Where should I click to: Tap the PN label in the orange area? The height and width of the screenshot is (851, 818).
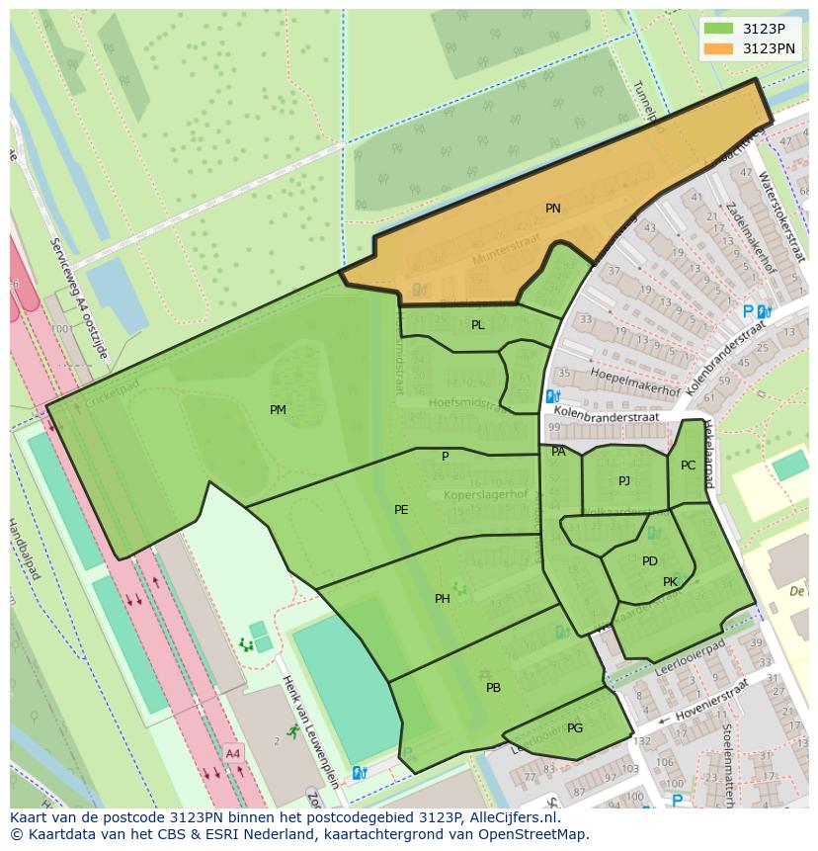tap(553, 209)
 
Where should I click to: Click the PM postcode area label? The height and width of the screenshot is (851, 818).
tap(278, 409)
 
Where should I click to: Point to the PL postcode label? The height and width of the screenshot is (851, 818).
tap(478, 325)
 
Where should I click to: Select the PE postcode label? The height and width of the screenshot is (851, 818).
tap(401, 510)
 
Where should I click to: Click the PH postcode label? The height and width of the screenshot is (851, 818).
tap(443, 599)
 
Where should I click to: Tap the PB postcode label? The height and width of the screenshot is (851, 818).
tap(493, 688)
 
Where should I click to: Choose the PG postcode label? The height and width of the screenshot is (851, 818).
tap(575, 728)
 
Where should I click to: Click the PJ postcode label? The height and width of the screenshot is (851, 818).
tap(624, 481)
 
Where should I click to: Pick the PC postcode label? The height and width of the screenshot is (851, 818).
tap(689, 466)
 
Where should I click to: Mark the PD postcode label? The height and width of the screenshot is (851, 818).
tap(650, 561)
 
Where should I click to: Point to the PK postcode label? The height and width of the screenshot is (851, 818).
tap(671, 582)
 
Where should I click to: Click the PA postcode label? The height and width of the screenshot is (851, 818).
tap(559, 452)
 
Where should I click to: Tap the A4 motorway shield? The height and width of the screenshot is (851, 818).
tap(233, 753)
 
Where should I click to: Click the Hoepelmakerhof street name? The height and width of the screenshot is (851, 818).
tap(634, 382)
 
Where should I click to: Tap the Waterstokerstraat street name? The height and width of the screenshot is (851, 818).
tap(777, 209)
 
